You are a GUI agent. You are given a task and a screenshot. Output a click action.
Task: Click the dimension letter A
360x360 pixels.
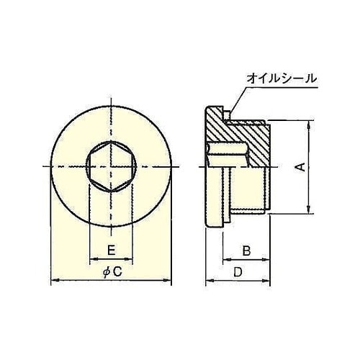[x=302, y=166]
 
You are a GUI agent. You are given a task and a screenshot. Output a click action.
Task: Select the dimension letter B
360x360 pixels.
[x=246, y=251]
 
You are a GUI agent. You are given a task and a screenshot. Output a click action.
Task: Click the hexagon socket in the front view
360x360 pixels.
[x=111, y=167]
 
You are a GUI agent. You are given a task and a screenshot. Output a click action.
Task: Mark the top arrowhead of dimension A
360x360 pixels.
[x=309, y=125]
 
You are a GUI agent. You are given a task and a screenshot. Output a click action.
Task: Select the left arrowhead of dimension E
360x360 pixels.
[x=91, y=259]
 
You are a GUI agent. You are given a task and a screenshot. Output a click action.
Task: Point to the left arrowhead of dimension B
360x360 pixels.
[x=224, y=260]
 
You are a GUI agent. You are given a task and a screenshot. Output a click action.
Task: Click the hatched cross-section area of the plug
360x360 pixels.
[x=248, y=133]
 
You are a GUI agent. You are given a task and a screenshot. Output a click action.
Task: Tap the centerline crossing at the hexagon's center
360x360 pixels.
[x=111, y=167]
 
